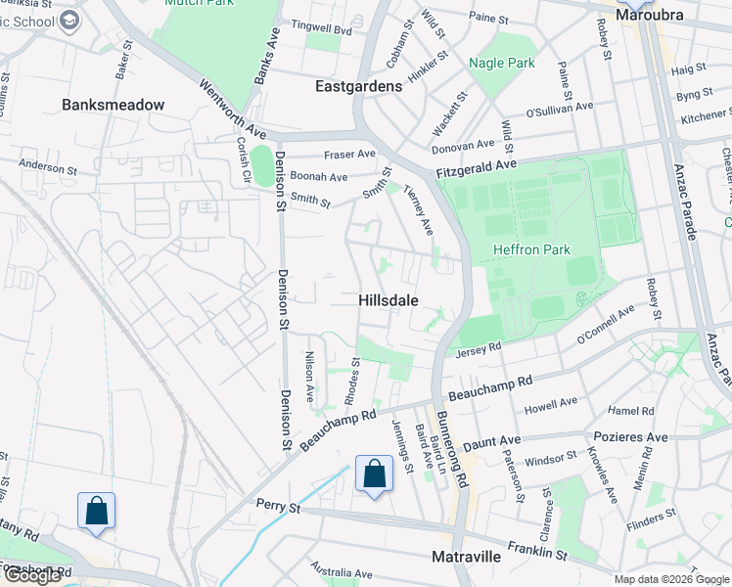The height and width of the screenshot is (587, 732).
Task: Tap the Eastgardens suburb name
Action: coord(358,86)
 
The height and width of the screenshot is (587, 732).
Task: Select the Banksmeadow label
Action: coord(113,105)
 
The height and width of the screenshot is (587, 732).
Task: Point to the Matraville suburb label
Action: coord(467,557)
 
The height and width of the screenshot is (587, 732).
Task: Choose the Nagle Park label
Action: coord(502,63)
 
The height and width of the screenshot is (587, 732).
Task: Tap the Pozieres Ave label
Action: coord(627,437)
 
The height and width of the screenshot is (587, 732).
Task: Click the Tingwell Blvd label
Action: coord(315,30)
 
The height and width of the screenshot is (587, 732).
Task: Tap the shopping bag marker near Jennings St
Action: coord(374,475)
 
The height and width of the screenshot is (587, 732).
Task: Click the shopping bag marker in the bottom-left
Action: coord(96,512)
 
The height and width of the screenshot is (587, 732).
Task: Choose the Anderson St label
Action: coord(47,166)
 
